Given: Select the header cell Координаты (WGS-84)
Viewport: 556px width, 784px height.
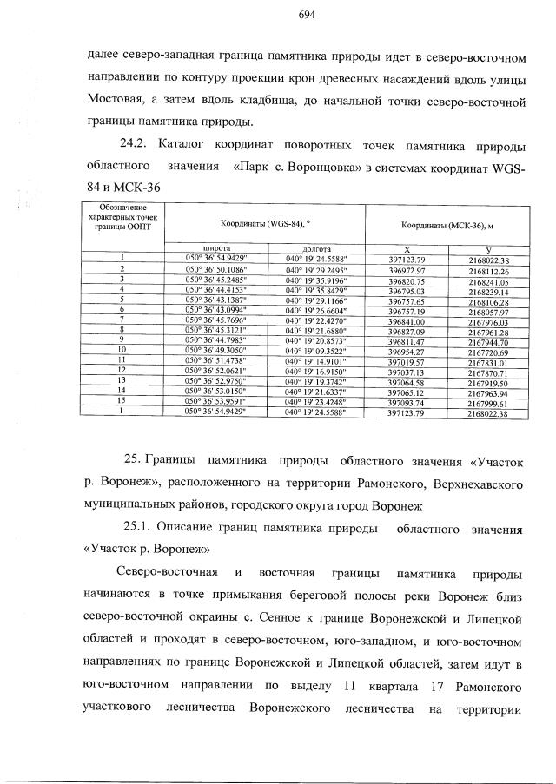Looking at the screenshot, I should (x=264, y=224).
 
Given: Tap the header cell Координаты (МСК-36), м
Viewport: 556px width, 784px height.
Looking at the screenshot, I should (x=446, y=224).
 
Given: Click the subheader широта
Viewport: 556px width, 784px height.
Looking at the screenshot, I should (x=215, y=248).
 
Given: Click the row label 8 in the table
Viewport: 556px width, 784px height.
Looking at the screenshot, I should (x=123, y=330).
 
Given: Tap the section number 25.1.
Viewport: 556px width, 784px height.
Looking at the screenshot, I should (x=142, y=530).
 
